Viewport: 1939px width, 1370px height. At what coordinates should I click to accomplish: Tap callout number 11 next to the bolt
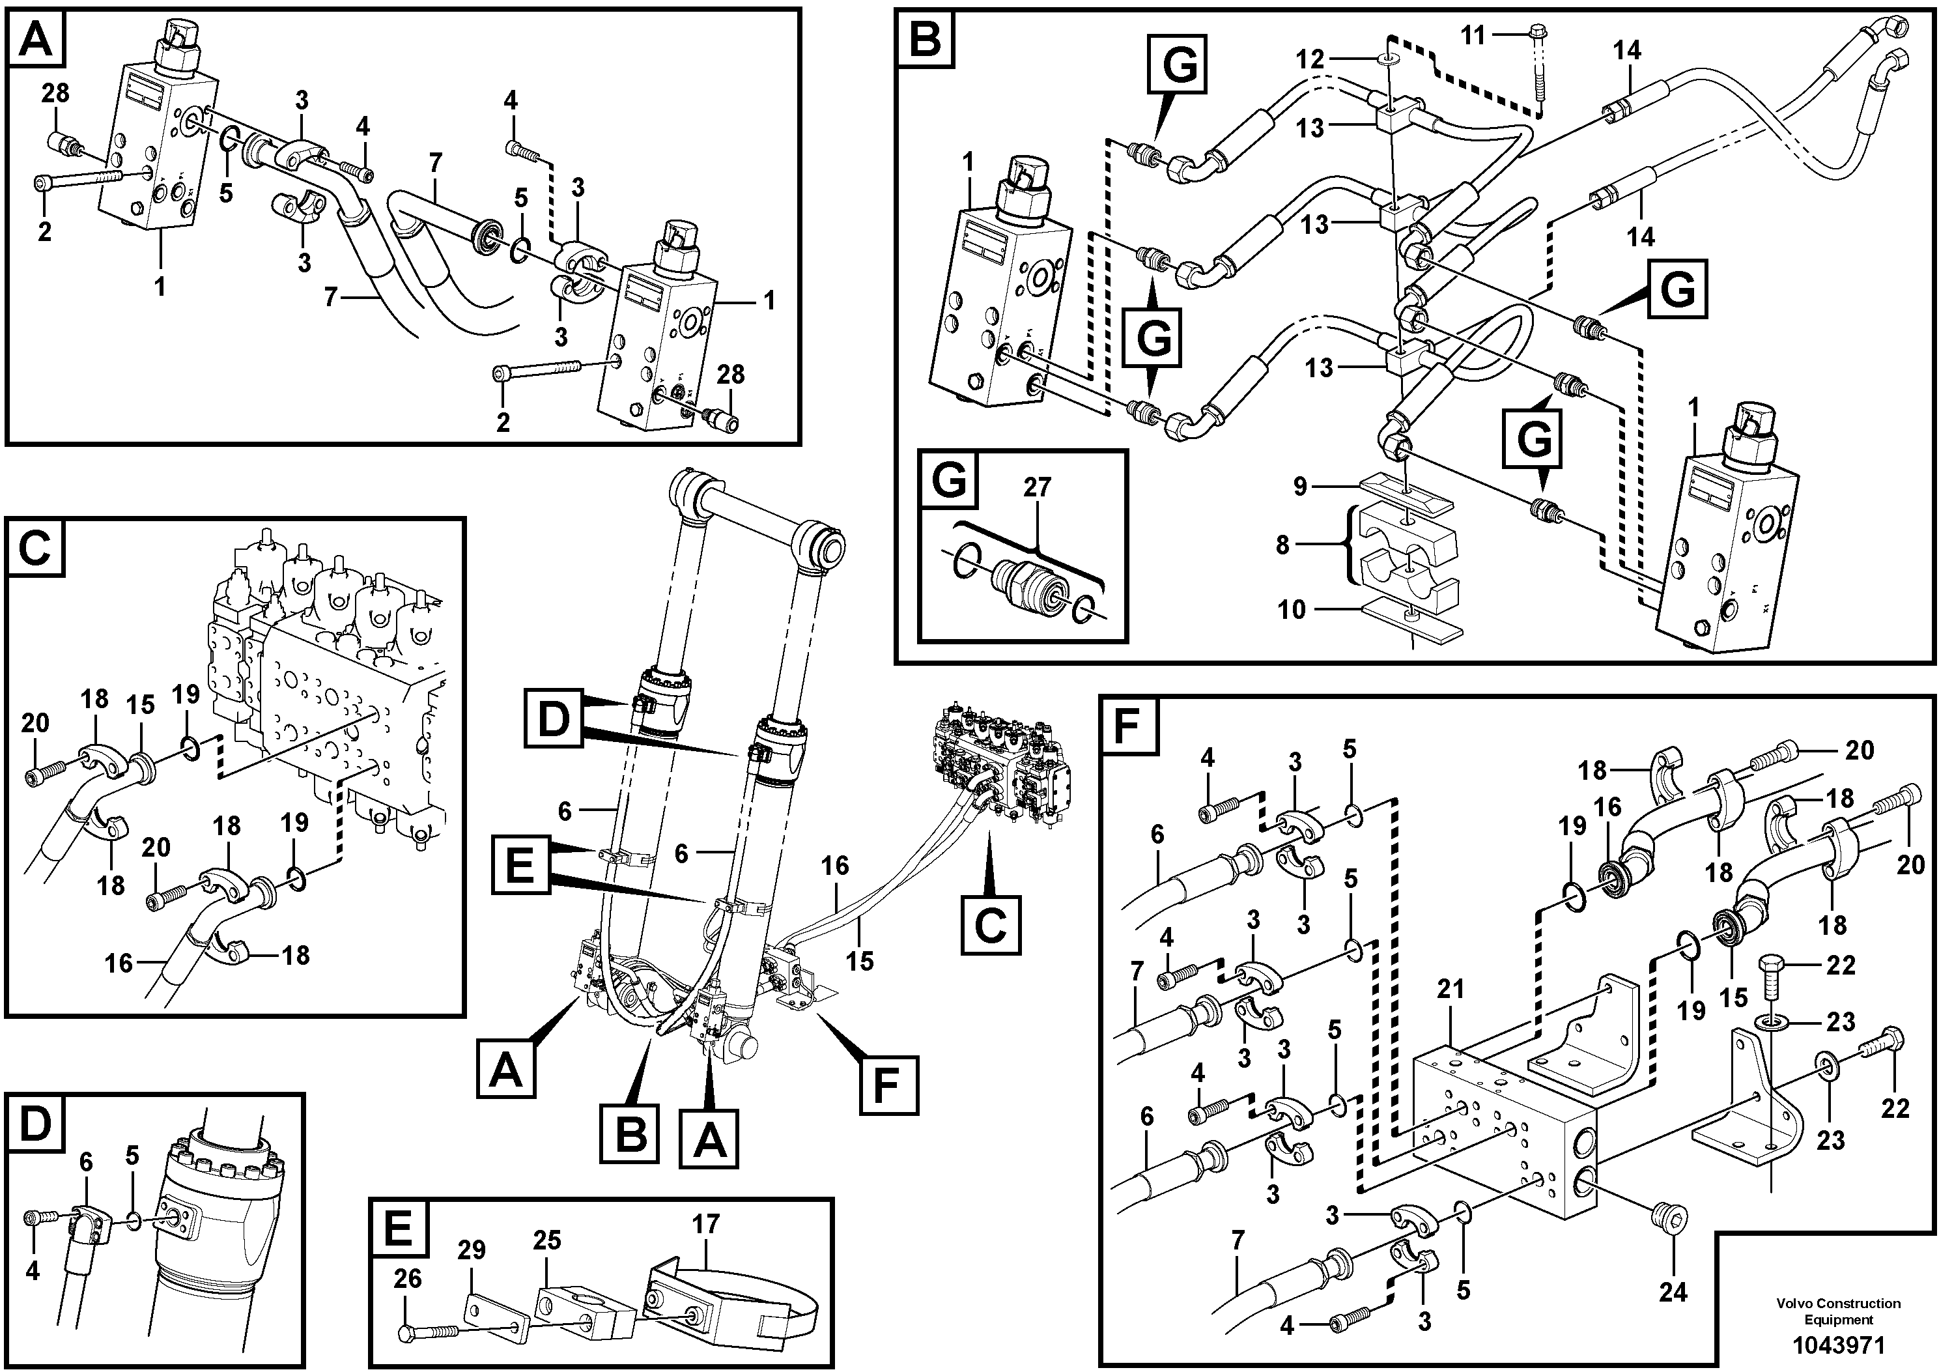tap(1472, 35)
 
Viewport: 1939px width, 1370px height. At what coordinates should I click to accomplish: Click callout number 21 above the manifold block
tap(1450, 988)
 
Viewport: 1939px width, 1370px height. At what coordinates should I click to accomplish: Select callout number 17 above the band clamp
tap(705, 1224)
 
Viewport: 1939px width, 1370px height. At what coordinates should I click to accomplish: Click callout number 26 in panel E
tap(407, 1279)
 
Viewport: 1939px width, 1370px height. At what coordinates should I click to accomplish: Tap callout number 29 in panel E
tap(472, 1250)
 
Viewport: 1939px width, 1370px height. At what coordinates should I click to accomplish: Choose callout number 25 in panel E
tap(546, 1240)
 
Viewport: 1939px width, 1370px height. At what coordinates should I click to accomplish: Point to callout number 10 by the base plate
tap(1292, 609)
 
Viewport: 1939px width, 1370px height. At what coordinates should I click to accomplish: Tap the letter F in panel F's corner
tap(1128, 724)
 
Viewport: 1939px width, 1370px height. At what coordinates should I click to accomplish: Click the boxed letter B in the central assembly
tap(630, 1134)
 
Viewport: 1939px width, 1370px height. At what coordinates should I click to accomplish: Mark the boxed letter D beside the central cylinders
tap(553, 718)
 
